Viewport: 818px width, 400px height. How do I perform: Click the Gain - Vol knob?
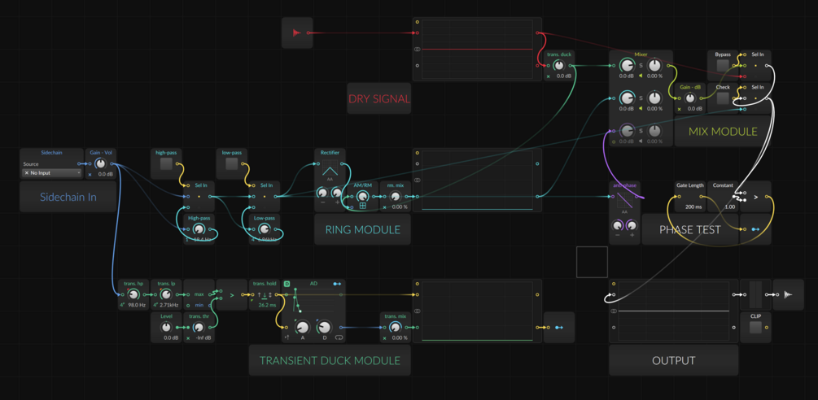(x=101, y=163)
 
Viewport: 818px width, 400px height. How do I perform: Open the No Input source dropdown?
(x=52, y=173)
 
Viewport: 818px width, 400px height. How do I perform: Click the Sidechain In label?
(x=68, y=197)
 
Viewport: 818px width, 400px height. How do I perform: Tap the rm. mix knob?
(x=395, y=197)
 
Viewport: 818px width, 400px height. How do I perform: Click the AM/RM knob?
(x=362, y=197)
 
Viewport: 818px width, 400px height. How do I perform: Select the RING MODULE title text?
(x=362, y=230)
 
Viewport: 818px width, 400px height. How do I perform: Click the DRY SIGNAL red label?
(x=379, y=99)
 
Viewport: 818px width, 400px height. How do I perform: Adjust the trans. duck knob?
(x=558, y=66)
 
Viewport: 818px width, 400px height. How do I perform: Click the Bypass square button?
(x=723, y=66)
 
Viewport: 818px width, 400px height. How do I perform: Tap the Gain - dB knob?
(x=690, y=98)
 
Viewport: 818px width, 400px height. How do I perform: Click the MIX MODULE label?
(x=723, y=132)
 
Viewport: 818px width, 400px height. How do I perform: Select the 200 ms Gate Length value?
(x=689, y=207)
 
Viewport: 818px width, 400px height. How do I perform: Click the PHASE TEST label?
(x=689, y=230)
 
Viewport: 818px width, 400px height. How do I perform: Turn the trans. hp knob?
(x=133, y=294)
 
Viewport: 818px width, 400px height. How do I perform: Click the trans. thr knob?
(x=199, y=327)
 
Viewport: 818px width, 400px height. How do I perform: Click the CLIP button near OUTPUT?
(x=755, y=327)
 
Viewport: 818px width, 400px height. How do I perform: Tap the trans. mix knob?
(x=395, y=327)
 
